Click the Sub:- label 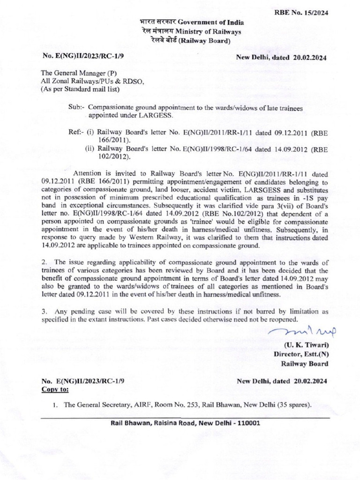tap(76, 107)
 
